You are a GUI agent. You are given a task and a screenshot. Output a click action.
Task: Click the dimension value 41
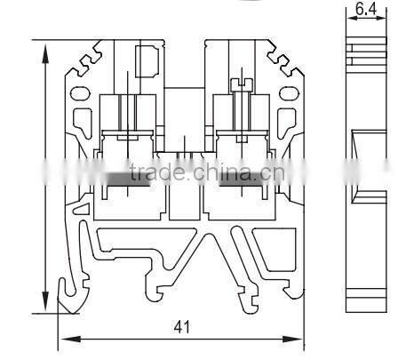tap(181, 327)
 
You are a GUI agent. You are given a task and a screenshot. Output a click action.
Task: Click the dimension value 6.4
tap(364, 11)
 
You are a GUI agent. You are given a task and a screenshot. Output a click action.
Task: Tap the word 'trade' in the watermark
tap(151, 172)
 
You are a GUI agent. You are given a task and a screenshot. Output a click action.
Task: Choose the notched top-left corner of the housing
tap(84, 60)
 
